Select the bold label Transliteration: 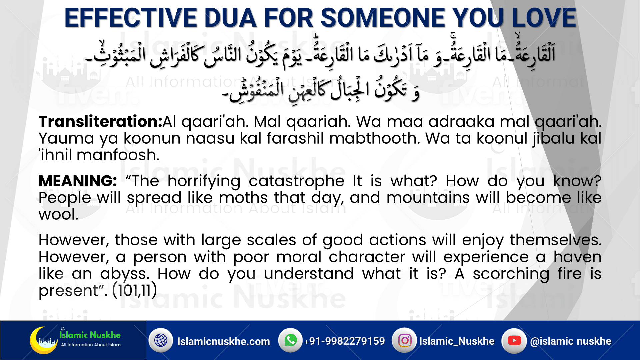100,122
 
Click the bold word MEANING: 78,181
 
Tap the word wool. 58,214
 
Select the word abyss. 125,274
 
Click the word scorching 511,274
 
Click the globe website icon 161,340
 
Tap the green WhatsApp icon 290,340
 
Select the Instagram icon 405,340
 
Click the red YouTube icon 514,340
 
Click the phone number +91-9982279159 344,341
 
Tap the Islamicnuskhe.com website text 223,341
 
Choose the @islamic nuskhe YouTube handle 571,341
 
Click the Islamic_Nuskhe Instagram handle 457,341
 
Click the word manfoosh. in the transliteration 118,155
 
